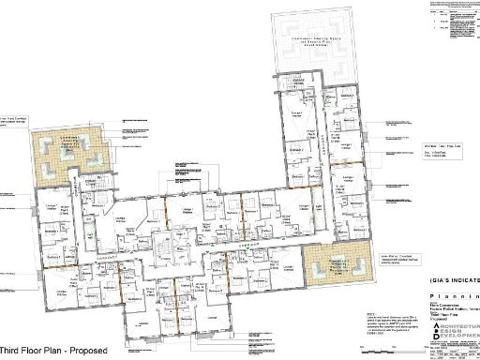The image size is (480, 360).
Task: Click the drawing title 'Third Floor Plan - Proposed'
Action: [56, 351]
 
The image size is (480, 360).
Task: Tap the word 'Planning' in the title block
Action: [454, 292]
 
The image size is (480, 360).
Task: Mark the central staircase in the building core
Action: [168, 249]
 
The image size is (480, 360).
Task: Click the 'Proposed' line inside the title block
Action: [440, 316]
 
